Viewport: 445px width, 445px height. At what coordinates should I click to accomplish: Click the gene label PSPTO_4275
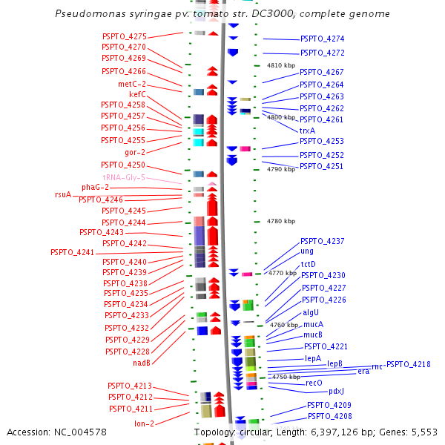(x=124, y=36)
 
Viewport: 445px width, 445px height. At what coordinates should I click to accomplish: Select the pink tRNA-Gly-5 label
(x=124, y=178)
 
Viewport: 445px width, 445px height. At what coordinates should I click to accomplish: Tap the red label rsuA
(x=63, y=194)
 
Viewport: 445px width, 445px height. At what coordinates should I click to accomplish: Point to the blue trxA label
(x=307, y=131)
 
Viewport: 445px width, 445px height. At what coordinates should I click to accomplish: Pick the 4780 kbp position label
(x=280, y=221)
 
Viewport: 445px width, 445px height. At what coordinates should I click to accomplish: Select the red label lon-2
(x=144, y=423)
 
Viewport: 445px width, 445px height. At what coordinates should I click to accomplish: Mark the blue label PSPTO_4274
(x=322, y=39)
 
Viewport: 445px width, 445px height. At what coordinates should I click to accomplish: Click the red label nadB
(x=142, y=363)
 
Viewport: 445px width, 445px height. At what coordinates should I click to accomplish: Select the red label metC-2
(x=132, y=84)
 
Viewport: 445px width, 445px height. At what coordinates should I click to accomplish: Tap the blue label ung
(x=307, y=251)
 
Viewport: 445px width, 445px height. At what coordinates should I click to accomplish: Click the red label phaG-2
(x=95, y=187)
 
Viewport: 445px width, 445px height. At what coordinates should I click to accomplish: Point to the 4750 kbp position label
(x=286, y=377)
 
